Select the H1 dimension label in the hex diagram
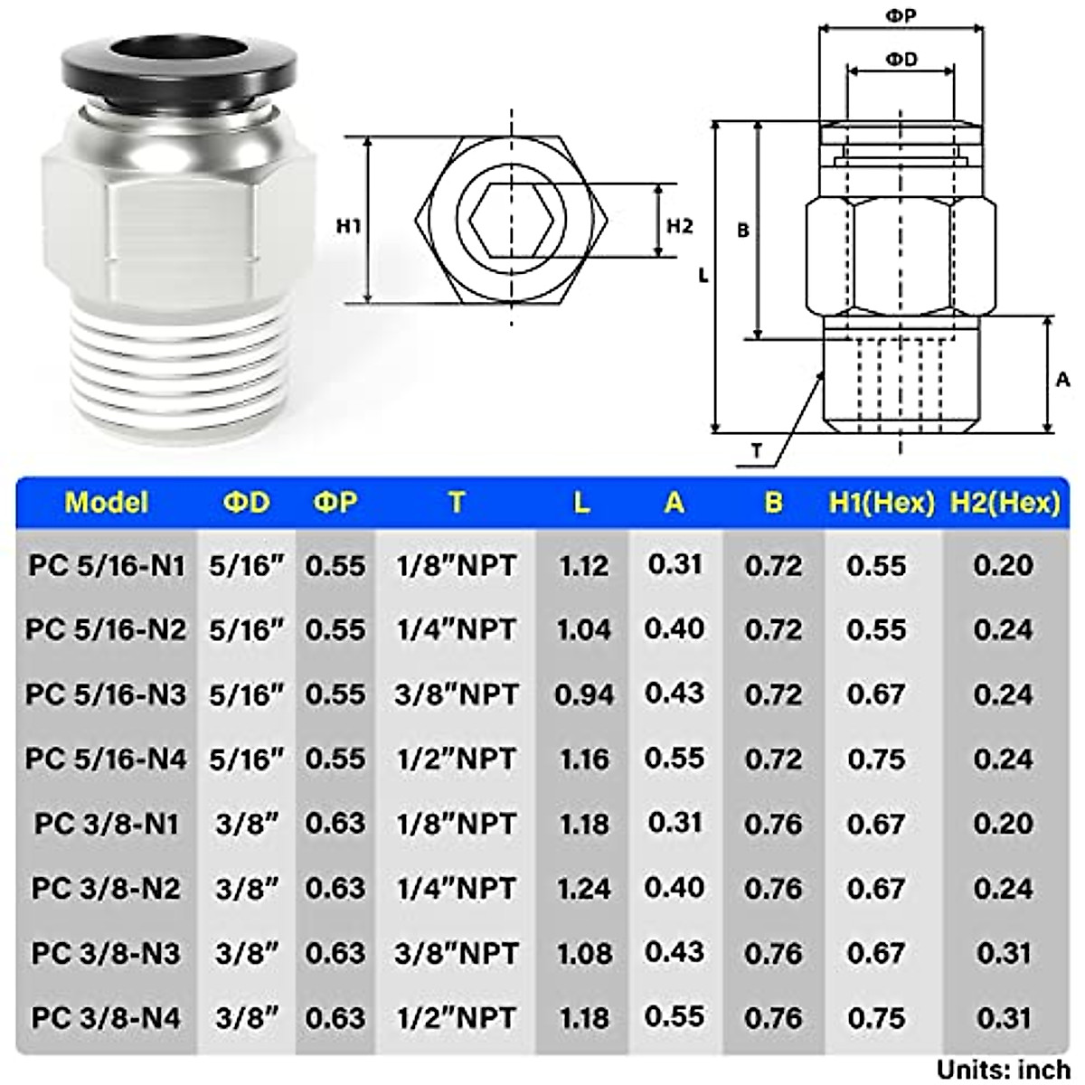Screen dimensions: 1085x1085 (x=349, y=226)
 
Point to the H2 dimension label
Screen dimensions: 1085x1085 (x=679, y=226)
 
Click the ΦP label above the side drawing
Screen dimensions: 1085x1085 (x=900, y=16)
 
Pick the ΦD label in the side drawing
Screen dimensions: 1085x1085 (x=901, y=60)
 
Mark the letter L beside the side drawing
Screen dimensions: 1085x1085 (x=703, y=277)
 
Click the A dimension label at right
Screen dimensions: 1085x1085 (x=1063, y=380)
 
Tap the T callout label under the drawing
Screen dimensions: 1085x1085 (x=756, y=450)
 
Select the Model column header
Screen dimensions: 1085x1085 (x=106, y=503)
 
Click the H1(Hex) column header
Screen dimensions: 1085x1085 (x=881, y=503)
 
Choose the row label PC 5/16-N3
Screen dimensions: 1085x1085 (x=106, y=694)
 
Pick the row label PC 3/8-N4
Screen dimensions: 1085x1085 (x=106, y=1018)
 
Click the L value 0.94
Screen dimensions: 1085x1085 (x=583, y=694)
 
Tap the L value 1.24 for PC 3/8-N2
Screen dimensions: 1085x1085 (x=583, y=889)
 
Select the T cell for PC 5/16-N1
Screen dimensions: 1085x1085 (x=457, y=566)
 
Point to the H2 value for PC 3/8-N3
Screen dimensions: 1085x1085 (x=1004, y=953)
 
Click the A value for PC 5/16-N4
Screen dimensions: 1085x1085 (x=675, y=758)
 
